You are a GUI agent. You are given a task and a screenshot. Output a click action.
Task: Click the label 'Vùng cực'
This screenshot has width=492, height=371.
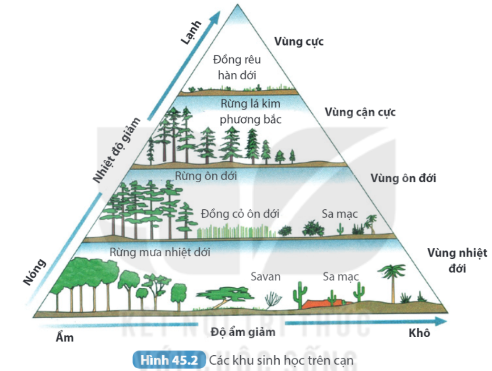point(299,41)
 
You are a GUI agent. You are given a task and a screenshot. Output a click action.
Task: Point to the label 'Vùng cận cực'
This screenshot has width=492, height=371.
point(360,113)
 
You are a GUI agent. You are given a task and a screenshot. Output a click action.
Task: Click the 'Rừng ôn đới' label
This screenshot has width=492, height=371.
point(206,176)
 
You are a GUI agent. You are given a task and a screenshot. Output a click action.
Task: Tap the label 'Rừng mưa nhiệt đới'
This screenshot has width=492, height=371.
point(159,252)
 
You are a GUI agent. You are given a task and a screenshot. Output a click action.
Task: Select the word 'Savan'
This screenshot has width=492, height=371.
point(266,276)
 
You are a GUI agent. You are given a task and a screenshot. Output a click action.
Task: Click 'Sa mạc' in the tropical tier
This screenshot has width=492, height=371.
point(340,276)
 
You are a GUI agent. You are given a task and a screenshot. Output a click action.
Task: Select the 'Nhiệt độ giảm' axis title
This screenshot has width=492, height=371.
point(117,150)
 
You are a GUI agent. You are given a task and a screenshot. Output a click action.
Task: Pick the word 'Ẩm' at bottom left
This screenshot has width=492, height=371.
point(62,338)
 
